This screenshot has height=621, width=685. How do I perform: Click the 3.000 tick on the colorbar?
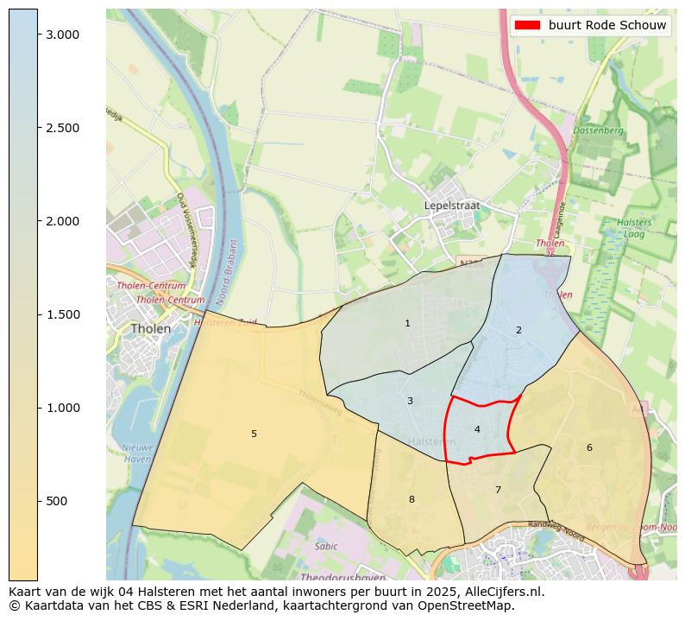tap(62, 35)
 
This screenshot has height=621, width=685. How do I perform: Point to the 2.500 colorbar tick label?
tap(62, 128)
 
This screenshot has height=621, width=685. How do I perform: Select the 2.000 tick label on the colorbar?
tap(62, 221)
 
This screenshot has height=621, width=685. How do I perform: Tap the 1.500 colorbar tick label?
tap(62, 314)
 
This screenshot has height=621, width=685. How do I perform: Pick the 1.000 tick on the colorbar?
tap(62, 408)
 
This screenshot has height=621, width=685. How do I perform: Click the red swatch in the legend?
tap(527, 25)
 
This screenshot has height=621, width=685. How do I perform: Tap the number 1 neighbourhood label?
tap(407, 323)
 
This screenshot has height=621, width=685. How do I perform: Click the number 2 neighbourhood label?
tap(518, 330)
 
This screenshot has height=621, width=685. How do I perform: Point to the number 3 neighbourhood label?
tap(410, 401)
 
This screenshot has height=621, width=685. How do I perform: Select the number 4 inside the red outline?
tap(477, 429)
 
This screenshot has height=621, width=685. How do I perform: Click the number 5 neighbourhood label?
tap(254, 434)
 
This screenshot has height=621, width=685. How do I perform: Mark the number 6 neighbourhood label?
tap(589, 447)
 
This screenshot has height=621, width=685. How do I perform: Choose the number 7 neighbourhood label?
tap(498, 490)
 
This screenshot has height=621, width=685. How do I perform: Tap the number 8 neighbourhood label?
tap(412, 499)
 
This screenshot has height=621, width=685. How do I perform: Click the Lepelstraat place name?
tap(451, 206)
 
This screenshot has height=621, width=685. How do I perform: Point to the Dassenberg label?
tap(598, 130)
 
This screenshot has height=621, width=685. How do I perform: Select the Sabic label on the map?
tap(326, 546)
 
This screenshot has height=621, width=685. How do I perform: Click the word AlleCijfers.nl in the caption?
tap(503, 592)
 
